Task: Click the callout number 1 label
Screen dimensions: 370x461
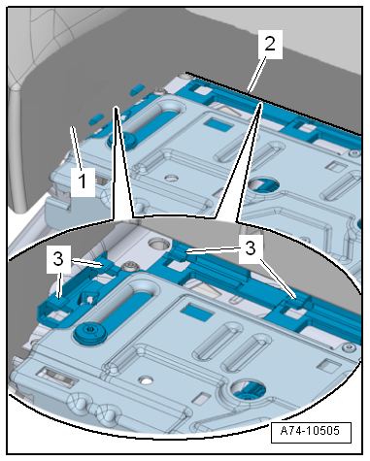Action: coord(83,181)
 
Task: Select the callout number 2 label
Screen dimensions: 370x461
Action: coord(270,45)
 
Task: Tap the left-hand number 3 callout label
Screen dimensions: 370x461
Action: coord(58,259)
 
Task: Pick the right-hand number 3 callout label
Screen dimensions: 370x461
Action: coord(251,249)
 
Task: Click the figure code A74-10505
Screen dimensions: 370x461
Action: coord(311,431)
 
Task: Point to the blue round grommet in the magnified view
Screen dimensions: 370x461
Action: coord(90,333)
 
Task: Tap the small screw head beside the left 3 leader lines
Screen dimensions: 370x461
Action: coord(132,267)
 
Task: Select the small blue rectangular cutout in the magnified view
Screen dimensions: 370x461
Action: coord(197,313)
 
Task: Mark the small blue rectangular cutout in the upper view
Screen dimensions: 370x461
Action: coord(219,124)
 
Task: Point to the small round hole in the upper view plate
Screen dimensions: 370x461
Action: coord(171,178)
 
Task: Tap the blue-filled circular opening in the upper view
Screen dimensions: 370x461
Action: coord(264,185)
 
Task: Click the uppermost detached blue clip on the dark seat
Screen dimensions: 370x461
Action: coord(137,89)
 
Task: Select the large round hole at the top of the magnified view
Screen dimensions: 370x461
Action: coord(157,244)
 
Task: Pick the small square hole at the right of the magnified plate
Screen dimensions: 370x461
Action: coord(328,365)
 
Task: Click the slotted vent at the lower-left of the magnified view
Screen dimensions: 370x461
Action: coord(57,378)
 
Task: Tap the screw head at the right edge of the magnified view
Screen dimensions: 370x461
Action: coord(351,347)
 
